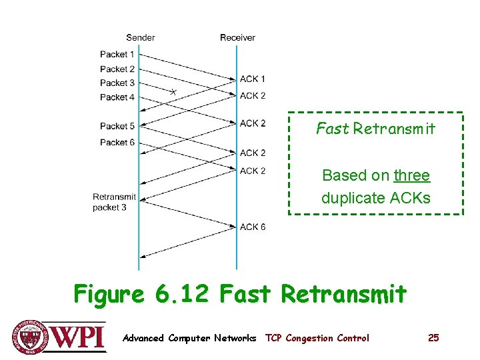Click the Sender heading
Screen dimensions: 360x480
click(x=140, y=37)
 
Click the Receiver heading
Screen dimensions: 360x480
click(x=237, y=37)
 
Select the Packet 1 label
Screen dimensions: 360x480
click(x=117, y=54)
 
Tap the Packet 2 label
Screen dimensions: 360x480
click(x=117, y=69)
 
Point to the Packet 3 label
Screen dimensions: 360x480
click(x=117, y=83)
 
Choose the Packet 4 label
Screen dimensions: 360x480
click(x=117, y=97)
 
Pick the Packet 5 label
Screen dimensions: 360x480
click(x=117, y=126)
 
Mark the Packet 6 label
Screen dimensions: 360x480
click(x=117, y=142)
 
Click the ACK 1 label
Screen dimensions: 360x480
click(x=253, y=79)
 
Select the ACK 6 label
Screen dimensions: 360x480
click(x=253, y=227)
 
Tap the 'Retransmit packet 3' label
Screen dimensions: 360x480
click(x=114, y=202)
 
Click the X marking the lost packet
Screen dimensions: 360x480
click(x=173, y=92)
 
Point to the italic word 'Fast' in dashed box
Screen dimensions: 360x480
click(x=332, y=129)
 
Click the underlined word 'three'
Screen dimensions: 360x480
click(x=411, y=175)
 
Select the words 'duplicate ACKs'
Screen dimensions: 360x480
click(x=375, y=198)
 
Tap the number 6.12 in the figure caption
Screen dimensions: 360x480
click(x=182, y=293)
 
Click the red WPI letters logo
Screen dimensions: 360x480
click(x=78, y=335)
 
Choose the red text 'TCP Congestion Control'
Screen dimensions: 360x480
click(x=317, y=338)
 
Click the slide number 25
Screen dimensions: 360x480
click(x=433, y=338)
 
